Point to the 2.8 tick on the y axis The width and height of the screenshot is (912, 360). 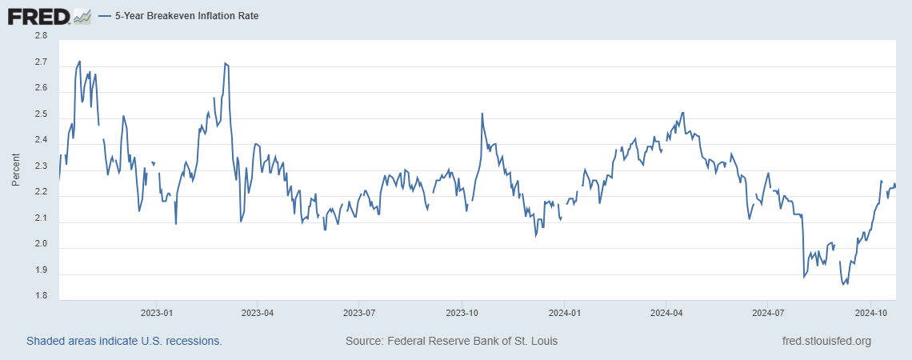point(40,36)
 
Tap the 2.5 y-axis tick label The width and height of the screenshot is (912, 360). point(40,114)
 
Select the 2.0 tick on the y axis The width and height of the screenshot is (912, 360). point(40,245)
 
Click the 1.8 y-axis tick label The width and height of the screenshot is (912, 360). point(40,297)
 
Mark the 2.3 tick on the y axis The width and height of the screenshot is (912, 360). point(40,166)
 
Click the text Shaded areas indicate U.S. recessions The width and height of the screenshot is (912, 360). point(124,341)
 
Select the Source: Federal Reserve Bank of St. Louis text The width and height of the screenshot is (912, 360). point(451,341)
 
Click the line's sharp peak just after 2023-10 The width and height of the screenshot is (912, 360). point(482,114)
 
